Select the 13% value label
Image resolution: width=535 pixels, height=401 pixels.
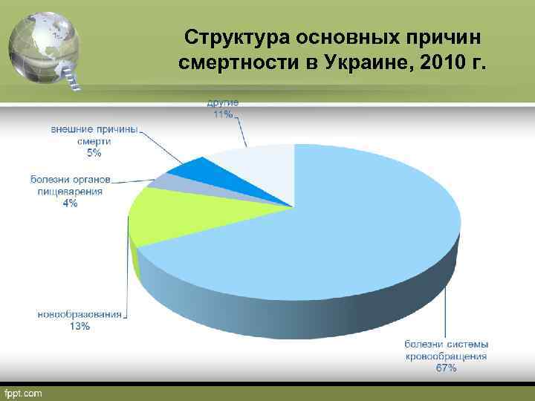coord(80,326)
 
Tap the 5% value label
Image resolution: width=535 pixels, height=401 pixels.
coord(94,153)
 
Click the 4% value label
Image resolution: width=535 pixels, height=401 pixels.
coord(71,203)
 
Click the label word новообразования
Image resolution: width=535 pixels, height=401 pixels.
coord(80,314)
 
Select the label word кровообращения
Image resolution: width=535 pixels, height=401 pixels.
coord(446,356)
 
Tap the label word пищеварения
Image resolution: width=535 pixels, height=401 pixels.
coord(71,191)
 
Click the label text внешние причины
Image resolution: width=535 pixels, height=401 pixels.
coord(94,128)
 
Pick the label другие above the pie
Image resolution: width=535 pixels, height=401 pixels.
coord(224,103)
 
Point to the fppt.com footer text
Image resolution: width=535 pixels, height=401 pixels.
coord(24,391)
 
